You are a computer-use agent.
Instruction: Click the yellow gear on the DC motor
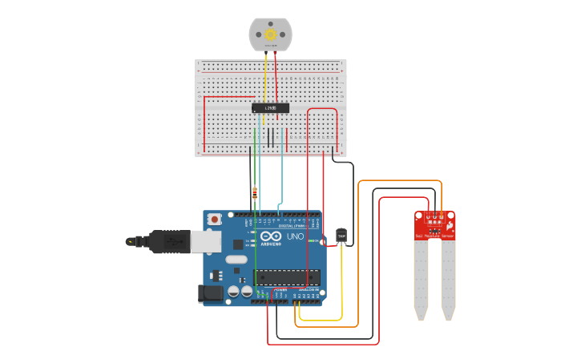[270, 34]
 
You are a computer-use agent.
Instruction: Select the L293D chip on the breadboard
[270, 107]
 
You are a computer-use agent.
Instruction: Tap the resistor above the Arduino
[255, 192]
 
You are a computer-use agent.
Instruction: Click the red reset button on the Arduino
[214, 219]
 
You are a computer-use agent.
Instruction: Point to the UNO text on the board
[295, 237]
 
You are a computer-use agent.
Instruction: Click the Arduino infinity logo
[270, 237]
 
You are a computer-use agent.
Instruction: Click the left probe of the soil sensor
[421, 276]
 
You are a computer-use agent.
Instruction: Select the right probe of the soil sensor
[448, 276]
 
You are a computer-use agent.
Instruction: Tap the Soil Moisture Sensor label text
[434, 236]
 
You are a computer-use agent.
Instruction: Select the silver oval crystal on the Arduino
[236, 259]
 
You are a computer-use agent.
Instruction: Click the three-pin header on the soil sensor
[434, 218]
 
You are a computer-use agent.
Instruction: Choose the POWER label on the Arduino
[280, 289]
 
